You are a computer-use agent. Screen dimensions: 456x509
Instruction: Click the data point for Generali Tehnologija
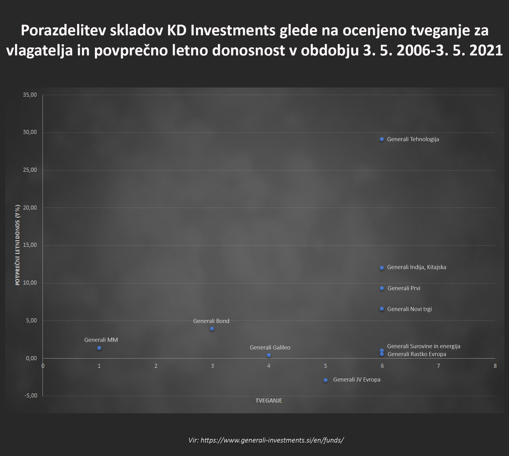point(382,139)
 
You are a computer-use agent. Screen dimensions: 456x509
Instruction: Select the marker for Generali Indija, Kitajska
point(382,268)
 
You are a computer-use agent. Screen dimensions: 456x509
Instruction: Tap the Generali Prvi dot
point(382,288)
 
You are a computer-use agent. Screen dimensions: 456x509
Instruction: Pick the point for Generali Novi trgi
point(382,309)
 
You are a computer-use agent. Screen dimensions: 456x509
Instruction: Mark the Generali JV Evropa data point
point(326,380)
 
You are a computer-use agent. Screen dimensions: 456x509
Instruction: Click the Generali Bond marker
point(212,329)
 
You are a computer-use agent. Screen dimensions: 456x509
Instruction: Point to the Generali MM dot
point(99,348)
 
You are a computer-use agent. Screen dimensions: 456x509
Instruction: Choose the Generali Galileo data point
point(269,355)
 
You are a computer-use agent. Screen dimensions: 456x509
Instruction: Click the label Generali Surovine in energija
point(423,346)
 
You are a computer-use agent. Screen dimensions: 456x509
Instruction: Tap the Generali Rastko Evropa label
point(417,354)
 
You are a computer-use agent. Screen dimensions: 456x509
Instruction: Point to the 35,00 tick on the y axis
point(30,95)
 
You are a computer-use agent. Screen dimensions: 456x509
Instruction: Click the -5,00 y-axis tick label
point(31,395)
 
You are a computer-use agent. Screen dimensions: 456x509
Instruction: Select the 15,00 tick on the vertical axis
point(30,245)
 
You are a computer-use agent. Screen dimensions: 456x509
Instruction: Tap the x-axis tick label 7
point(439,366)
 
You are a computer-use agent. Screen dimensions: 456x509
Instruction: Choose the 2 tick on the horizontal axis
point(156,366)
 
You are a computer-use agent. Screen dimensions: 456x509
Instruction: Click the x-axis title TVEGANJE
point(269,401)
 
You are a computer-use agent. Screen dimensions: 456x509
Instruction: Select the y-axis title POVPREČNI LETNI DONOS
point(18,245)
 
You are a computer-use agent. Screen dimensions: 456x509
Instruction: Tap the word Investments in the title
point(233,31)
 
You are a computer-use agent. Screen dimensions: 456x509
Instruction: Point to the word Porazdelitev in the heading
point(63,31)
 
